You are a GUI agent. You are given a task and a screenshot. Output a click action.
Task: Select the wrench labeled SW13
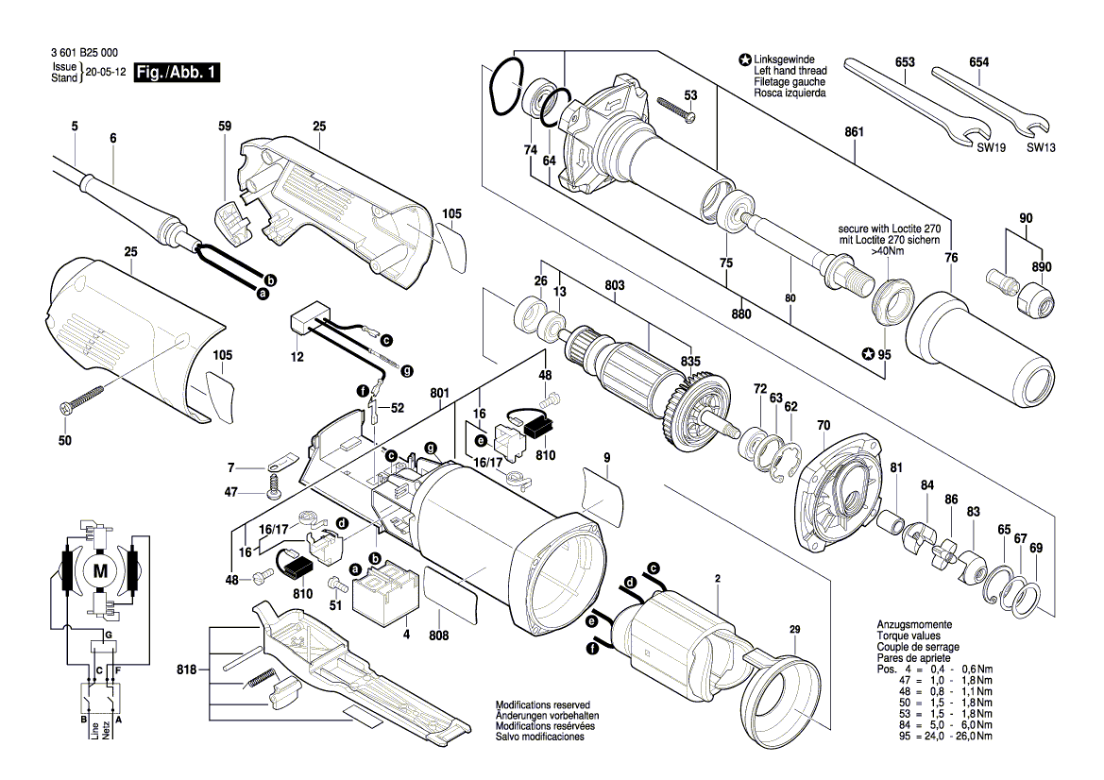point(992,100)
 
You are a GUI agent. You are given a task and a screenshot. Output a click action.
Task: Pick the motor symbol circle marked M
point(99,570)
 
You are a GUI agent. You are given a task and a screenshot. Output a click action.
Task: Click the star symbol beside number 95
point(868,355)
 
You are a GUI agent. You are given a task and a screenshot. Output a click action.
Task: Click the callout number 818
point(186,670)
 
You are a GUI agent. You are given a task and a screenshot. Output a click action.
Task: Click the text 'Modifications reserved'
point(542,705)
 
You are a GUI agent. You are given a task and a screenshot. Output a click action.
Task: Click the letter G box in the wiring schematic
point(109,634)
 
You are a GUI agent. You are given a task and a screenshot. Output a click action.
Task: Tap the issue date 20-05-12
point(104,73)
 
